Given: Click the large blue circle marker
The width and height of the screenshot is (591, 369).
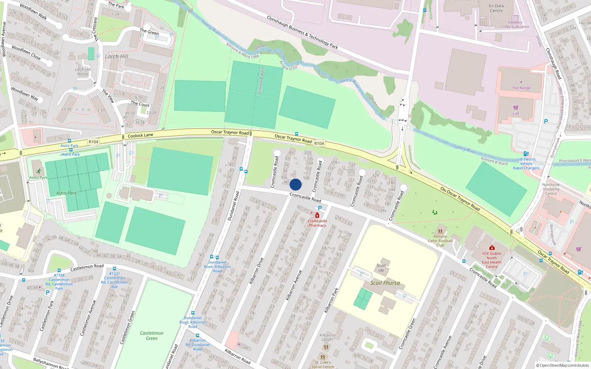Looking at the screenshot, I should pyautogui.click(x=295, y=184).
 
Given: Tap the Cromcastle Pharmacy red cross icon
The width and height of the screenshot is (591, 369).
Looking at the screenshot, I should pyautogui.click(x=317, y=215).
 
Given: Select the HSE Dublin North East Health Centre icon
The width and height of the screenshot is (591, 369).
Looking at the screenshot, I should pyautogui.click(x=492, y=248).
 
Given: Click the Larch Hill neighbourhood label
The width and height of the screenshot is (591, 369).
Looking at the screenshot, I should pyautogui.click(x=116, y=56).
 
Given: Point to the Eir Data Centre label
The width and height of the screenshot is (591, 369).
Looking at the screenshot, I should pyautogui.click(x=496, y=8).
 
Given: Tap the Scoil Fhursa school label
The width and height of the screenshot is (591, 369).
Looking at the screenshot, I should pyautogui.click(x=385, y=283).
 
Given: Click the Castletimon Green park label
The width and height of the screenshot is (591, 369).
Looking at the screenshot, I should pyautogui.click(x=151, y=335).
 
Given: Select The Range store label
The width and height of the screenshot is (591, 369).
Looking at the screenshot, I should pyautogui.click(x=521, y=88).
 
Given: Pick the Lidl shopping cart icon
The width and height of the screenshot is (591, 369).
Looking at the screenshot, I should pyautogui.click(x=516, y=107).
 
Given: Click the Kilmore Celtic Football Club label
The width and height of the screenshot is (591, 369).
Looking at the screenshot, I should pyautogui.click(x=440, y=241).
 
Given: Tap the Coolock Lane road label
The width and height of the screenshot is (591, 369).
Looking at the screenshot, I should pyautogui.click(x=140, y=136).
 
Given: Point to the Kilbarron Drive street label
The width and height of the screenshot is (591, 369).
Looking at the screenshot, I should pyautogui.click(x=256, y=270).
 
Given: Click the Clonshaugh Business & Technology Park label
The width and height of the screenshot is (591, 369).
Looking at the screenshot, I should pyautogui.click(x=302, y=32).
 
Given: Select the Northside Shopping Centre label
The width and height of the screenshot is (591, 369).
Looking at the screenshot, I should pyautogui.click(x=551, y=189).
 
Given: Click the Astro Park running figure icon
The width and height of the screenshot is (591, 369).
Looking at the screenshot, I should pyautogui.click(x=39, y=172).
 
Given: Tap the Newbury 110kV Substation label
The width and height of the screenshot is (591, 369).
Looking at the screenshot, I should pyautogui.click(x=515, y=24).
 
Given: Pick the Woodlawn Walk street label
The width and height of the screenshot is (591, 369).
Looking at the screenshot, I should pyautogui.click(x=33, y=12).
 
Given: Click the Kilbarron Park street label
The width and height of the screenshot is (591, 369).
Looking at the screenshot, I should pyautogui.click(x=331, y=300).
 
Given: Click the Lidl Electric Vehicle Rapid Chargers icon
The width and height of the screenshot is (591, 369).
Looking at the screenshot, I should pyautogui.click(x=526, y=154).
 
